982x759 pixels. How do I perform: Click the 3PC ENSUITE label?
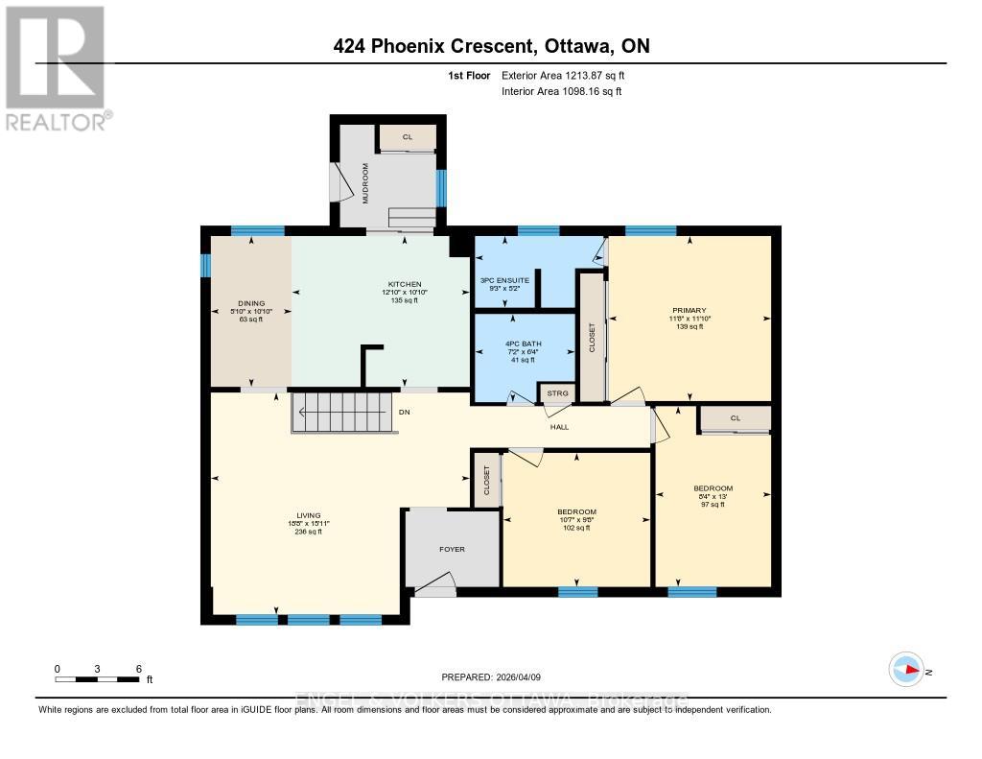coord(504,280)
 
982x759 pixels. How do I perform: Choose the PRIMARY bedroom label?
coord(689,310)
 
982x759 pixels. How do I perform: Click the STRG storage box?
coord(557,393)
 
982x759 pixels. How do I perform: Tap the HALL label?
coord(561,427)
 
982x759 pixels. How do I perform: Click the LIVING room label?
coord(309,515)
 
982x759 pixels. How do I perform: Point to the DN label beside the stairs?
coord(406,414)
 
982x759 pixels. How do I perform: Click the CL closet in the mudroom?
coord(407,137)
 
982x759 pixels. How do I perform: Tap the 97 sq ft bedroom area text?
coord(712,504)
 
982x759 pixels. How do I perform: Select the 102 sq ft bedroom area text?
coord(577,527)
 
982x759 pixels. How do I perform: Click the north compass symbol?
coord(906,669)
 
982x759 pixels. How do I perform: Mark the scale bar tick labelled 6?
coord(139,669)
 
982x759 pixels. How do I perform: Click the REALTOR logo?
coord(57,67)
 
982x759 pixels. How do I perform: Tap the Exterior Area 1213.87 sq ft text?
coord(563,75)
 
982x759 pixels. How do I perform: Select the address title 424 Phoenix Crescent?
coord(435,46)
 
